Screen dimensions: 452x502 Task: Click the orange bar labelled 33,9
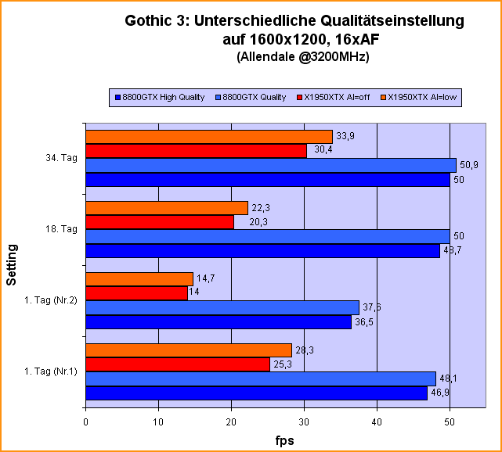[x=208, y=137]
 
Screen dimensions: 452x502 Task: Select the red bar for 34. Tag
[x=196, y=151]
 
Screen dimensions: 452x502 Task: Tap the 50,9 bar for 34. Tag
[x=270, y=166]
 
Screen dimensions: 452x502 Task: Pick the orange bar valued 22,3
[x=166, y=208]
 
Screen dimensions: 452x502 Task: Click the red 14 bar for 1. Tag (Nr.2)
[x=136, y=293]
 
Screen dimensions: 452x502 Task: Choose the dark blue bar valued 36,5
[x=218, y=322]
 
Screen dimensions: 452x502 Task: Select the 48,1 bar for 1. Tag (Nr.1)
[x=260, y=378]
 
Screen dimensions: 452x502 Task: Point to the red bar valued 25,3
[x=177, y=364]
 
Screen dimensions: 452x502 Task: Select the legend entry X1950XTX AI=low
[x=422, y=98]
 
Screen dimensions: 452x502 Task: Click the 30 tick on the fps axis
[x=304, y=423]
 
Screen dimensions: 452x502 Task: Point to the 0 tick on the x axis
[x=85, y=423]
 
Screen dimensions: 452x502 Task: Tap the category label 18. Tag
[x=62, y=229]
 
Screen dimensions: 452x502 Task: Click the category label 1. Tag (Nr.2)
[x=51, y=300]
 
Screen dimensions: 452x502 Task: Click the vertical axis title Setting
[x=13, y=265]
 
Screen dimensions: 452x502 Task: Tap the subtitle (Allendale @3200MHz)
[x=291, y=56]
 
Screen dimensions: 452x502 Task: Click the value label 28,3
[x=306, y=350]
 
